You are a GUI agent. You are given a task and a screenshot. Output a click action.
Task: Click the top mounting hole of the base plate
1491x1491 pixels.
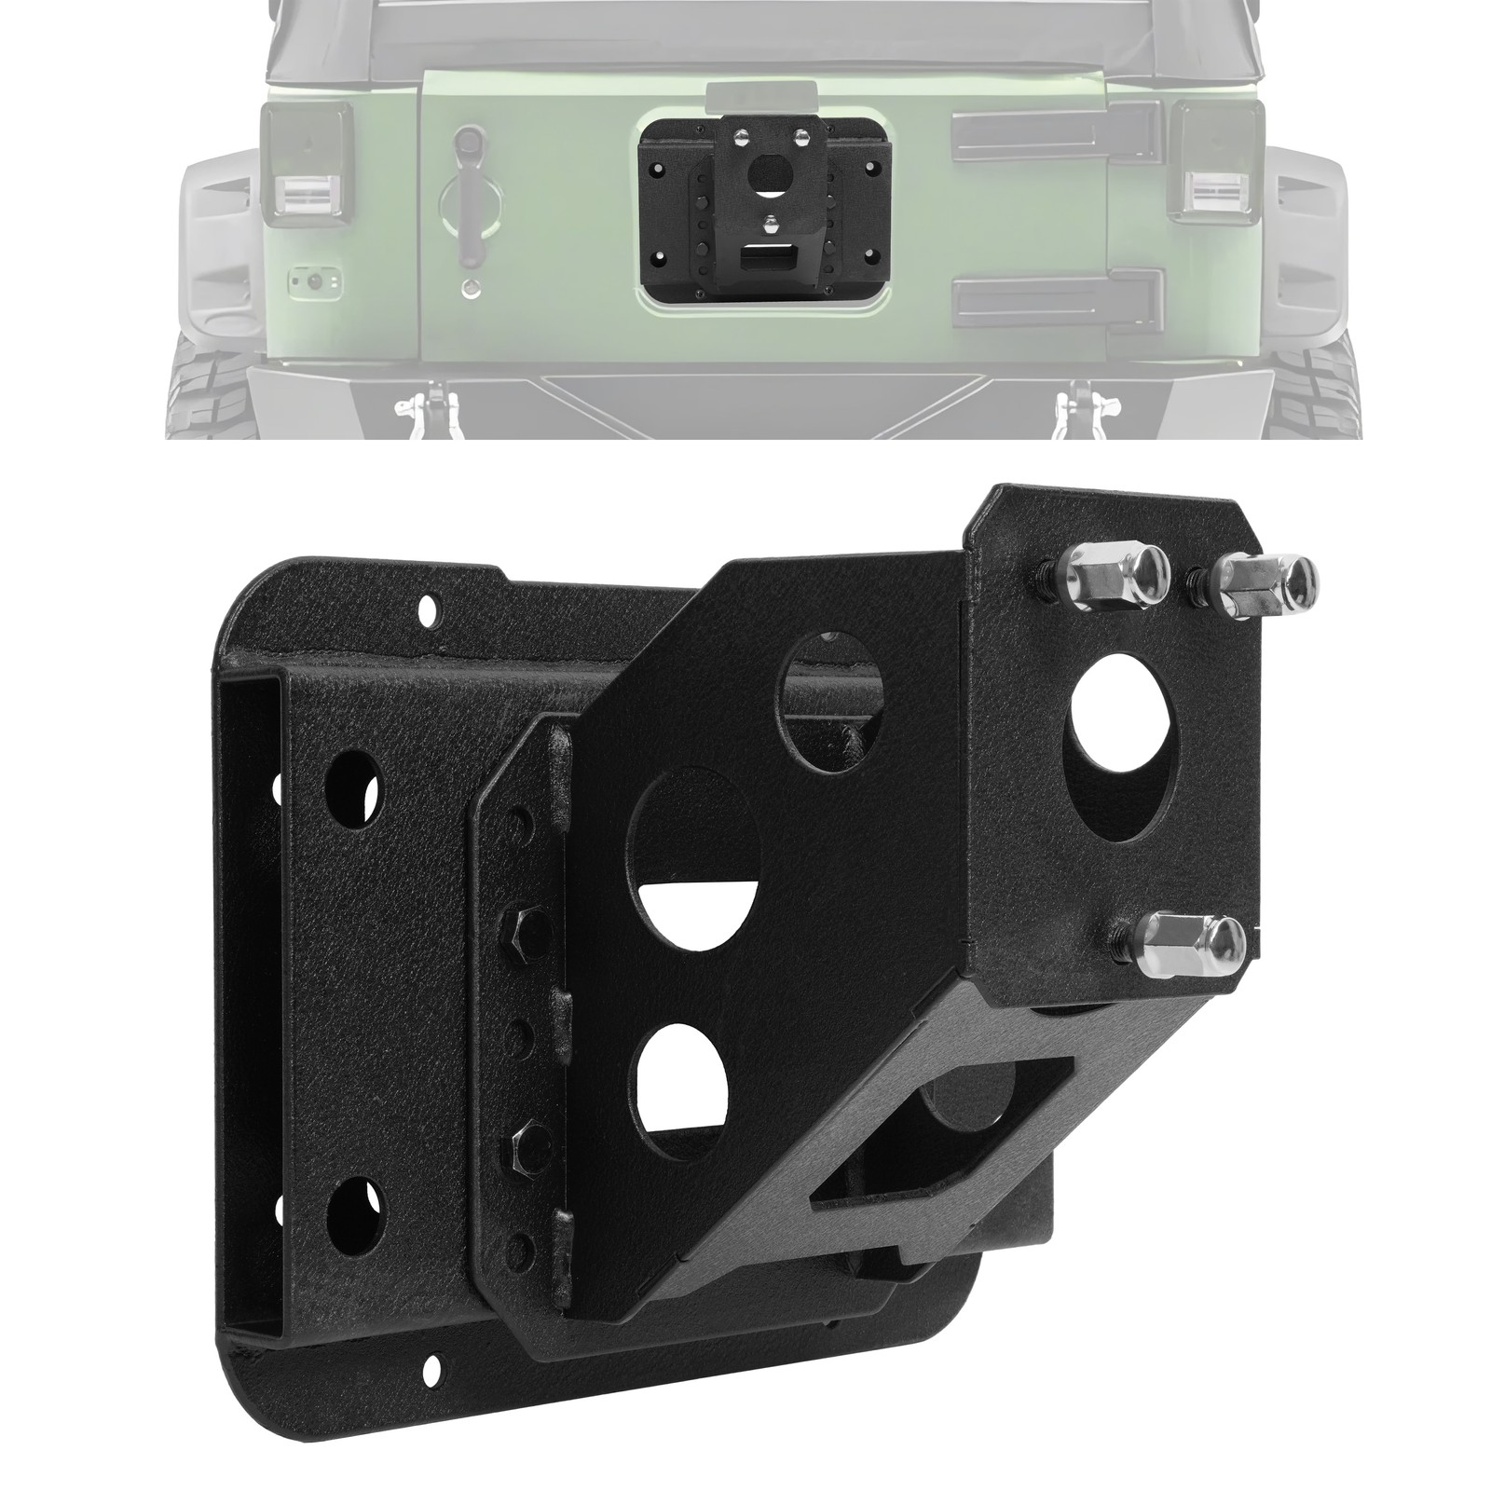(x=430, y=612)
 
